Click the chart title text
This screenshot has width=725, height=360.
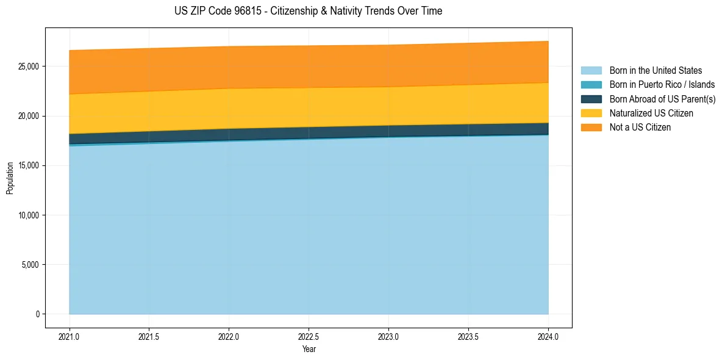point(308,11)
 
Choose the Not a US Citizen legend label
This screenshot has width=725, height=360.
point(640,128)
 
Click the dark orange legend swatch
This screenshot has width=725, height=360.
point(591,128)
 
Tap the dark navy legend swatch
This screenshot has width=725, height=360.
point(591,99)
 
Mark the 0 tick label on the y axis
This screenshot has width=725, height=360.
point(38,314)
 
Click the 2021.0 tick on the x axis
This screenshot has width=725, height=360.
point(70,336)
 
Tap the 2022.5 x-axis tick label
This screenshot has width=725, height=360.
point(309,336)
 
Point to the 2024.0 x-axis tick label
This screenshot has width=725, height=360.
point(548,336)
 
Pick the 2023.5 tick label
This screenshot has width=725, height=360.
point(468,336)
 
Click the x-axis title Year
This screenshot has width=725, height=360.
point(309,349)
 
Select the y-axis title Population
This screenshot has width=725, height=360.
point(10,178)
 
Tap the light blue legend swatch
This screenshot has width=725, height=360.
point(591,71)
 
